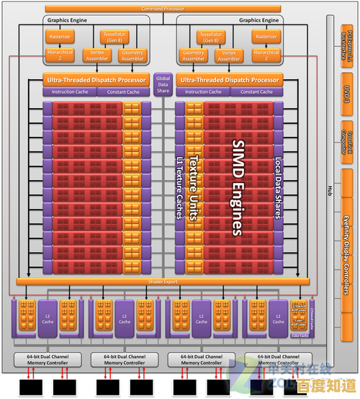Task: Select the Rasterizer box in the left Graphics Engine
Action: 59,36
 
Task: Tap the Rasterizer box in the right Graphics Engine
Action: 266,36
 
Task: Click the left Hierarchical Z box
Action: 59,53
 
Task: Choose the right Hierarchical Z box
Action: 266,53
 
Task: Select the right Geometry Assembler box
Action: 194,55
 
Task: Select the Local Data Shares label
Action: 279,188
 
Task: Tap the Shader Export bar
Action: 163,281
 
